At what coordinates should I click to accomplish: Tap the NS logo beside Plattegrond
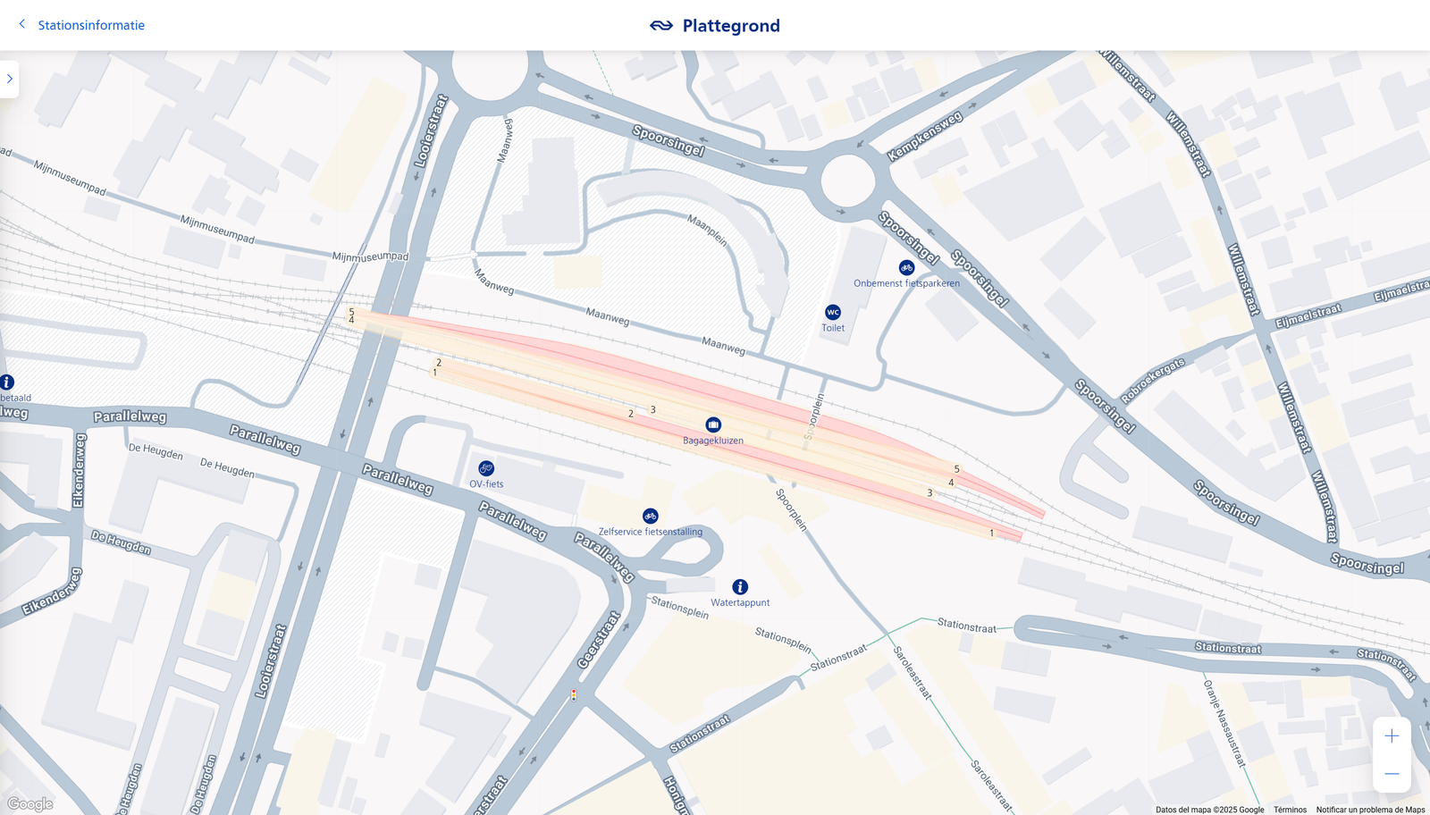(x=661, y=26)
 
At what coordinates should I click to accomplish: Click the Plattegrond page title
(x=730, y=26)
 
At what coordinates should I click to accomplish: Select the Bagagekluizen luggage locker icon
(x=713, y=424)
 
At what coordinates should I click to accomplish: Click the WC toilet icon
(x=833, y=312)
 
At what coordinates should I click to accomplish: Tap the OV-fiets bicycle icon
(x=486, y=468)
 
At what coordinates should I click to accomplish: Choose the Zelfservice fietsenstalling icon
(x=651, y=516)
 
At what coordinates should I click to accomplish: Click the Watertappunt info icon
(x=740, y=587)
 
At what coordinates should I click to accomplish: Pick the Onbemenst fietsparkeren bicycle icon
(x=906, y=267)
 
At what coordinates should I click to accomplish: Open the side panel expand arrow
(x=10, y=79)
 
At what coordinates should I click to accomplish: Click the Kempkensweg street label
(x=925, y=136)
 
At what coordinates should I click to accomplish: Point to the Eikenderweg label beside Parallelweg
(x=79, y=470)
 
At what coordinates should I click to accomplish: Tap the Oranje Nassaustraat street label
(x=1224, y=723)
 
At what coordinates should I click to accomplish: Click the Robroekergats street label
(x=1153, y=380)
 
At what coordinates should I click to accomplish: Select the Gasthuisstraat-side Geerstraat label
(x=599, y=640)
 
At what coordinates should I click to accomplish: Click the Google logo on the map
(x=30, y=804)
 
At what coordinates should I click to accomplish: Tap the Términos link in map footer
(x=1290, y=810)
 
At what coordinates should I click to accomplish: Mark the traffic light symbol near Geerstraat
(x=574, y=694)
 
